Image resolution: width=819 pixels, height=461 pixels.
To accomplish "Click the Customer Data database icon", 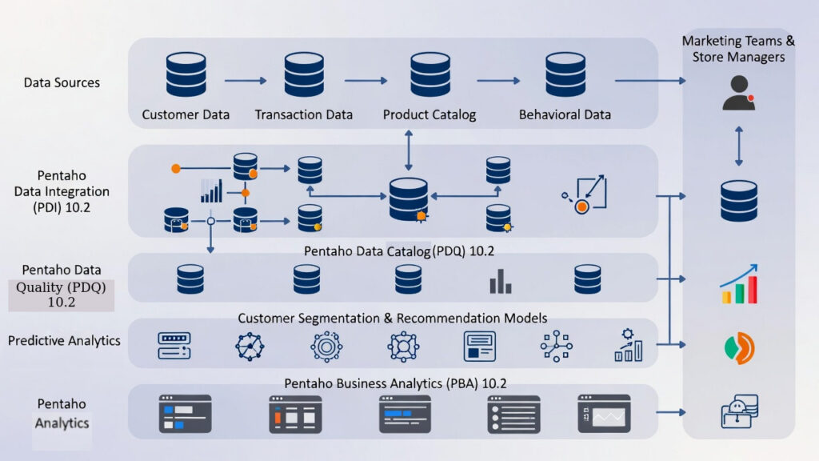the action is click(186, 74).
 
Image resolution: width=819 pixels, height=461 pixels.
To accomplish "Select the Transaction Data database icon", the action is click(304, 74).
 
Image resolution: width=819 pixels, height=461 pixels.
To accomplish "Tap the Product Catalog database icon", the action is click(429, 74).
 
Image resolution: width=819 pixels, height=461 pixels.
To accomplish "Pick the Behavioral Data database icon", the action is click(565, 74).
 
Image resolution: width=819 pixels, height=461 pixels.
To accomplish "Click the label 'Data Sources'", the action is click(62, 82).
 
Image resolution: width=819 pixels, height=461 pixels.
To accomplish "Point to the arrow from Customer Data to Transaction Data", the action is click(246, 81).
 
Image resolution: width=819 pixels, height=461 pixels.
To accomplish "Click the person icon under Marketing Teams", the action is click(738, 93).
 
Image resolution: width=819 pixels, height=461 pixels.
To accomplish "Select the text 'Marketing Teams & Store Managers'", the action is click(738, 49).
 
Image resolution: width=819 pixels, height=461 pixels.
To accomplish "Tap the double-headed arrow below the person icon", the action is click(738, 146).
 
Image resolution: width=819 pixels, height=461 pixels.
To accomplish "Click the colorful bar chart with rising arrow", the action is click(738, 284).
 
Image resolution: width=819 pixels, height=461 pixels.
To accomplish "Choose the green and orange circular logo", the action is click(740, 347).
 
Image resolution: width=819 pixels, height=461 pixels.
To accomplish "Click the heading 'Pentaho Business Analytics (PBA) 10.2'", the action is click(395, 383).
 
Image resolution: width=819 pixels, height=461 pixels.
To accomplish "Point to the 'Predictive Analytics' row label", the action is click(64, 341).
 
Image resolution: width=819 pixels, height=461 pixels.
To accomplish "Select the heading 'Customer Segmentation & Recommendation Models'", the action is click(392, 318).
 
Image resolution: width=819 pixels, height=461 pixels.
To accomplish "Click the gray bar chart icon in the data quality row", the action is click(501, 281).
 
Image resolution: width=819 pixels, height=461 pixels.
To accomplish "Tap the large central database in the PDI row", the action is click(409, 198).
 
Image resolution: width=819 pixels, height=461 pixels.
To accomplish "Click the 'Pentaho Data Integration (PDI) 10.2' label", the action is click(62, 191).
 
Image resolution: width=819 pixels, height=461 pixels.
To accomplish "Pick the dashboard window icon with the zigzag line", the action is click(605, 414).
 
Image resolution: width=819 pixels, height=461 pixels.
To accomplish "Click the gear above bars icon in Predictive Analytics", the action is click(629, 345).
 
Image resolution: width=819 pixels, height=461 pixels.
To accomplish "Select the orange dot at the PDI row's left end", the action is click(176, 168).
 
